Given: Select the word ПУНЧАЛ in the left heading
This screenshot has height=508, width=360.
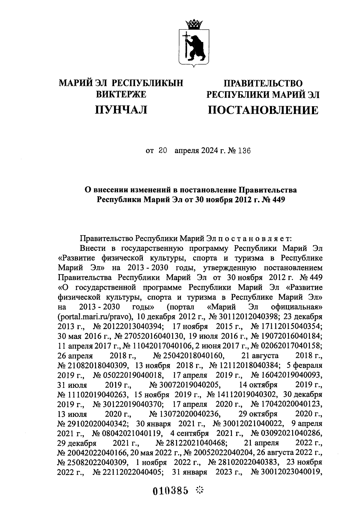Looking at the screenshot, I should (121, 110).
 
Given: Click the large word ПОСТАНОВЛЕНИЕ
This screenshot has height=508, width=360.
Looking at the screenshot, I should (263, 110).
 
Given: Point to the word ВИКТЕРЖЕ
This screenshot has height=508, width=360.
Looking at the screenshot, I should (121, 95).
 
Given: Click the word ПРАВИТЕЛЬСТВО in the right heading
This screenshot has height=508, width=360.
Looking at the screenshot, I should (263, 83).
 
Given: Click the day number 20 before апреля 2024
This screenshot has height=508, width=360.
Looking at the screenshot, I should (162, 151).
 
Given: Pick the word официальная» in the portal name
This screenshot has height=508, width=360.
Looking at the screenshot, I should (297, 307).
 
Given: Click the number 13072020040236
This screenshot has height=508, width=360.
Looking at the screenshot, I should (186, 414).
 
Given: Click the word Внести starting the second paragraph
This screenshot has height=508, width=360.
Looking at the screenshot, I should (93, 248).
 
